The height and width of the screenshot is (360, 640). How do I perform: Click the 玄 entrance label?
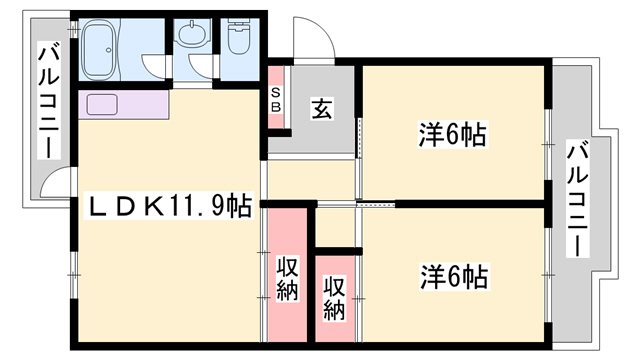click(x=322, y=108)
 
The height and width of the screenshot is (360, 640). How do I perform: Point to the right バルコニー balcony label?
click(x=577, y=200)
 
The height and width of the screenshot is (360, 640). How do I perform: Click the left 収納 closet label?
click(x=288, y=278)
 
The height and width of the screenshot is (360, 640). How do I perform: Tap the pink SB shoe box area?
click(x=277, y=98)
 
